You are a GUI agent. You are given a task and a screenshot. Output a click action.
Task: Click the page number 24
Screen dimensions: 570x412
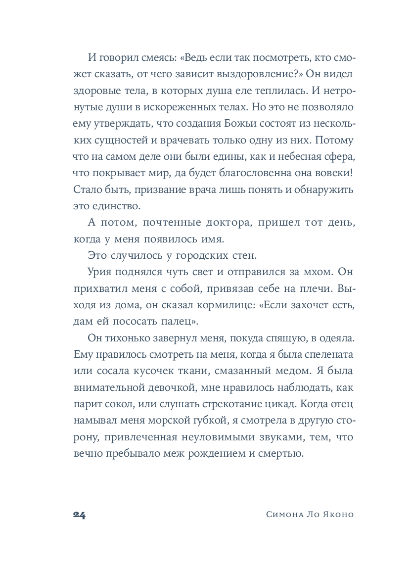[x=79, y=515]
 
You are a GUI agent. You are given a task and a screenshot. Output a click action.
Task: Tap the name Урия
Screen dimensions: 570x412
[x=101, y=273]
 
